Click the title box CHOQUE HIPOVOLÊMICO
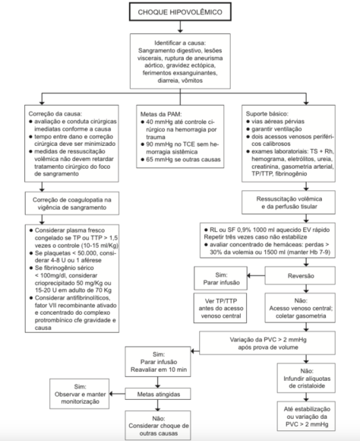coord(180,12)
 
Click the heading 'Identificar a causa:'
coord(180,43)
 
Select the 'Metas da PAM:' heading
coord(161,114)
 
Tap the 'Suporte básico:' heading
coord(267,113)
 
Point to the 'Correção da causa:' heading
coord(55,114)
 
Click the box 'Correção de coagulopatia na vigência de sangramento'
coord(72,203)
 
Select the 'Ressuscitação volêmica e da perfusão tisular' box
coord(289,202)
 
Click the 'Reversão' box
coord(300,275)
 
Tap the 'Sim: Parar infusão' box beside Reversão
coord(220,278)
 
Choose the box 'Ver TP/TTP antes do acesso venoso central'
coord(220,308)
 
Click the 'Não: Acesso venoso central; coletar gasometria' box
coord(300,308)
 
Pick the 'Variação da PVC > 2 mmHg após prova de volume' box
coord(267,343)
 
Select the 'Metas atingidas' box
coord(158,394)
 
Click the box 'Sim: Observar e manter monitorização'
coord(80,394)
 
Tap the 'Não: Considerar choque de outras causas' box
coord(158,426)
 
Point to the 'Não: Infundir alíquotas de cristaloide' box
coord(306,378)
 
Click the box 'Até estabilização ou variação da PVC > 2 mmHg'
coord(306,416)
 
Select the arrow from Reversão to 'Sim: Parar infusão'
coord(256,275)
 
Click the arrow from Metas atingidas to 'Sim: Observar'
coord(117,394)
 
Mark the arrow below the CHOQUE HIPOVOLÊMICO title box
coord(180,27)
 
